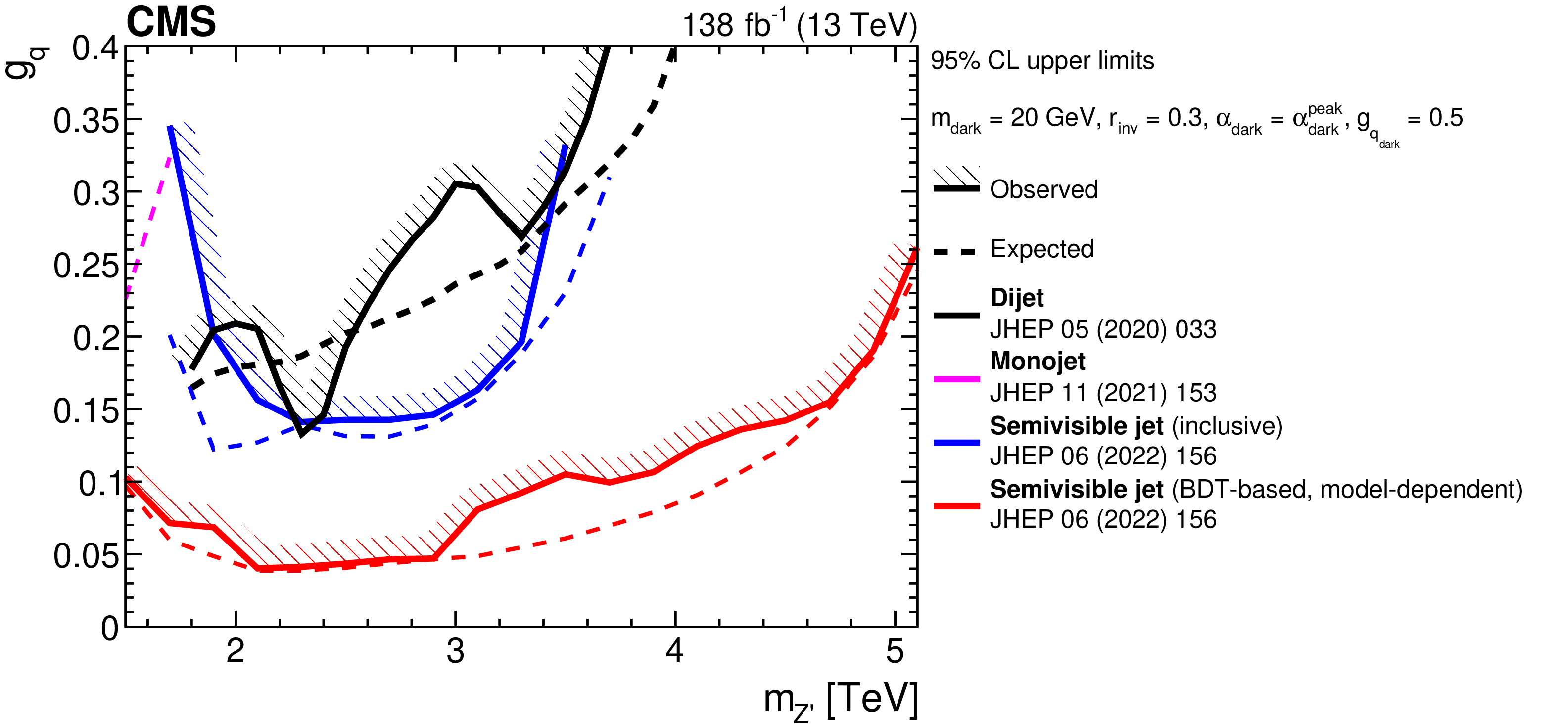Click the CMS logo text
point(171,22)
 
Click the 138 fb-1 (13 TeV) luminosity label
point(799,25)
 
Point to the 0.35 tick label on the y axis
point(86,120)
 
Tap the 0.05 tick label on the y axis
point(86,555)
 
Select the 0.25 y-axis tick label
point(86,266)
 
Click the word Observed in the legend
point(1043,189)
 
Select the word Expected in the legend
point(1041,249)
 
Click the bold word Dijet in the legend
point(1017,298)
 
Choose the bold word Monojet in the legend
point(1038,361)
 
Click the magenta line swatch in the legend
point(956,379)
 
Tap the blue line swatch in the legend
point(956,443)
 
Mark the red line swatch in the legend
point(956,506)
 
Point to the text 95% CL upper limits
point(1042,61)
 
